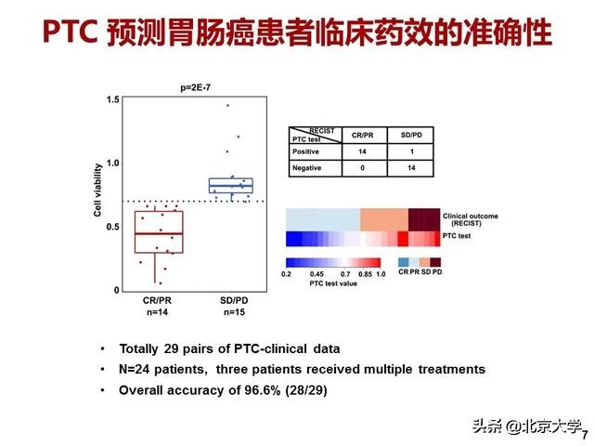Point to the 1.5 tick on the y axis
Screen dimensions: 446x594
(113, 99)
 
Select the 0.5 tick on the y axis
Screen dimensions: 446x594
(113, 227)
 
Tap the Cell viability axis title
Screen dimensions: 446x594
(97, 195)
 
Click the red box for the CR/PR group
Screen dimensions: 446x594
(158, 231)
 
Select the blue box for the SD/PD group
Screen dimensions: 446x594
(231, 185)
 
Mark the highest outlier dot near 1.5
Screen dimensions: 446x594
(227, 105)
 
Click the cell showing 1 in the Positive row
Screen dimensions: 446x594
(409, 151)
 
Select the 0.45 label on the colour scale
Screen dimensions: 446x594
(316, 275)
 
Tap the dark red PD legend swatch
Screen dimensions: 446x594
(435, 262)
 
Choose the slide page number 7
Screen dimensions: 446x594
(585, 433)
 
